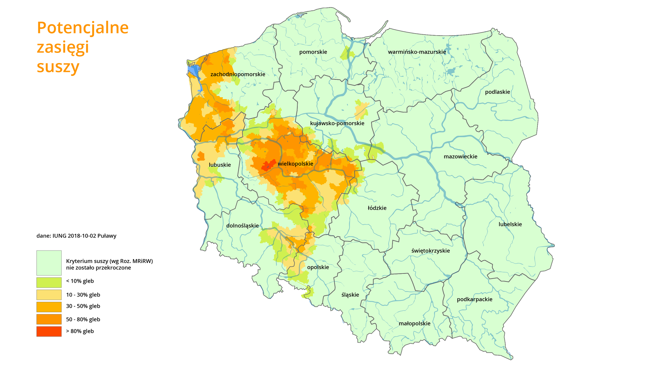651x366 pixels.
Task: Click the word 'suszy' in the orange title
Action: (x=58, y=67)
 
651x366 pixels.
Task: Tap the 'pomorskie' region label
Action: (x=313, y=52)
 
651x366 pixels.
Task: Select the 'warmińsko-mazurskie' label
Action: (x=417, y=52)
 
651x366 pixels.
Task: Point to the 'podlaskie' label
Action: (x=497, y=92)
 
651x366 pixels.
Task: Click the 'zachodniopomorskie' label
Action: (x=238, y=74)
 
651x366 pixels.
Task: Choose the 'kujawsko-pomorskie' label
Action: (x=337, y=123)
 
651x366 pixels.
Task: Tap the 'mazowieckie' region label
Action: (x=460, y=157)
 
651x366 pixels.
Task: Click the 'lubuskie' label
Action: (x=220, y=165)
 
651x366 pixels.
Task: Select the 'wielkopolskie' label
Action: (x=295, y=164)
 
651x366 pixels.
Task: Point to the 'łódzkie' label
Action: (x=377, y=208)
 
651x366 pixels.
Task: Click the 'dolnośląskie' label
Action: (x=242, y=226)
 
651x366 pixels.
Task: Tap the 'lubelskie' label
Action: (x=510, y=224)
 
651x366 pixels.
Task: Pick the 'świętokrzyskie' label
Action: (x=430, y=251)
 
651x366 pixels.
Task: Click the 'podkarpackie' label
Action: (x=474, y=299)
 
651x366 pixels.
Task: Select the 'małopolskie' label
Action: (x=414, y=324)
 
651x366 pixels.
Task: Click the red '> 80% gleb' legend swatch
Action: (x=49, y=331)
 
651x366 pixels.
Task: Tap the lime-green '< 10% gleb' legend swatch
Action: (x=49, y=282)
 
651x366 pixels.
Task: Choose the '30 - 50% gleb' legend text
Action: (x=83, y=306)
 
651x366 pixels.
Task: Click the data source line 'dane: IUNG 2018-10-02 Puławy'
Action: (x=76, y=236)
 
